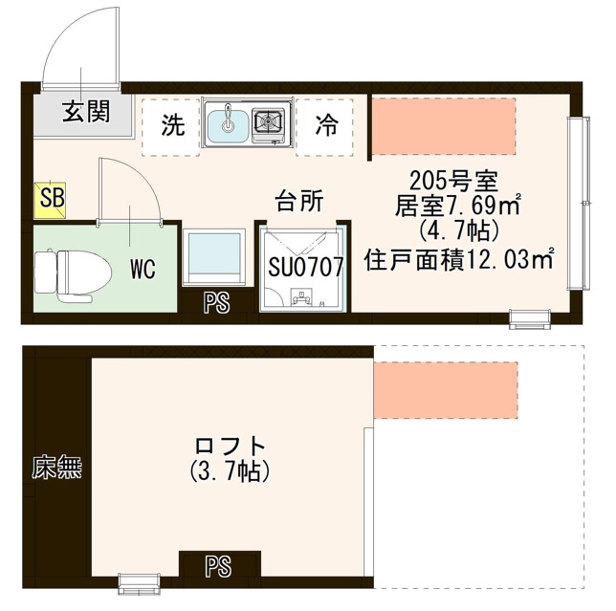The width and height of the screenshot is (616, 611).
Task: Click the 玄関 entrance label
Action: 85,112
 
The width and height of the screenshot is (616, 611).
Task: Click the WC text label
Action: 143,269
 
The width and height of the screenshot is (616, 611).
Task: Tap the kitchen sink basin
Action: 227,124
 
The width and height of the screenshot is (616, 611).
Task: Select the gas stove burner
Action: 270,122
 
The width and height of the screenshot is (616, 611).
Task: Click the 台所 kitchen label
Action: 298,201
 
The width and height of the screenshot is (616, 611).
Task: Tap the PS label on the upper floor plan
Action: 217,304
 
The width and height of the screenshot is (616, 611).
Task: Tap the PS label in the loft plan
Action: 218,566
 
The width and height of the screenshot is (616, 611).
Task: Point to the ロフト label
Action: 230,446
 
